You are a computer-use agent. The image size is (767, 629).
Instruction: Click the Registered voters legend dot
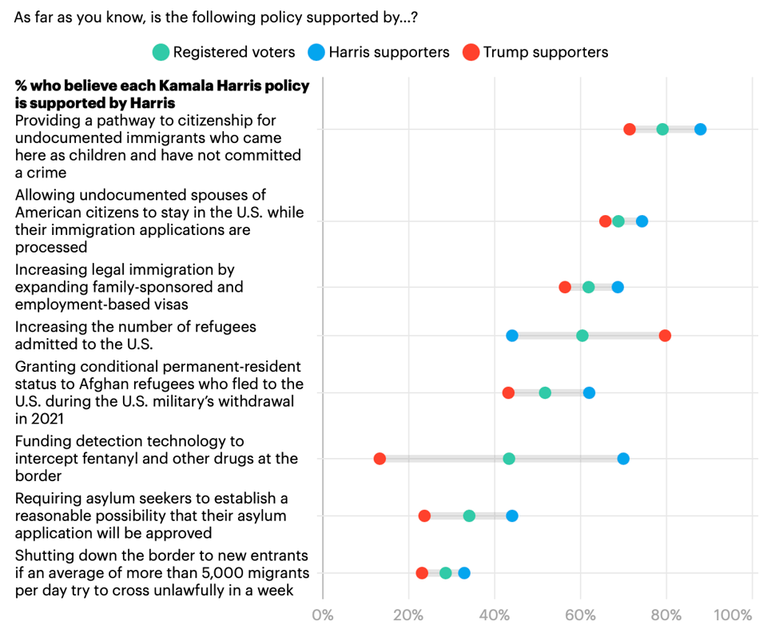point(161,53)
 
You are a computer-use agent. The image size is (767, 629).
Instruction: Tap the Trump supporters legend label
point(546,53)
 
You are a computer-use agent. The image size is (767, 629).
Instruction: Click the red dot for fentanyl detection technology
point(380,459)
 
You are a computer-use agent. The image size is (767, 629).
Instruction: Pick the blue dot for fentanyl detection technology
point(623,459)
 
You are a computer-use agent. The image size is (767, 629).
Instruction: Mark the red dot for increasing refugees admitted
point(665,336)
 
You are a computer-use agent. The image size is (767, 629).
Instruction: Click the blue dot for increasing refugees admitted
point(512,336)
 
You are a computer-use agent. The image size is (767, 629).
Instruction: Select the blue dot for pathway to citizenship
point(701,129)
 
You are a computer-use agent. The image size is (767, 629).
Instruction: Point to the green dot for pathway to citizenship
point(662,129)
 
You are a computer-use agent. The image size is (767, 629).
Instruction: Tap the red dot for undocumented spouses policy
point(606,221)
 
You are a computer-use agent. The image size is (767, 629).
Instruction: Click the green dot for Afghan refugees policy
point(545,392)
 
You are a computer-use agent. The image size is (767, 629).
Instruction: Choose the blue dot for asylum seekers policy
point(512,516)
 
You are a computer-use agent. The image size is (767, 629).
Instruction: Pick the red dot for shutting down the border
point(422,573)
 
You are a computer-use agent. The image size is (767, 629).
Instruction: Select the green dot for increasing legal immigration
point(589,287)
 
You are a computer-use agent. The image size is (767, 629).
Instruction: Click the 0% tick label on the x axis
point(323,615)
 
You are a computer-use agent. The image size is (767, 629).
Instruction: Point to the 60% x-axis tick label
point(580,615)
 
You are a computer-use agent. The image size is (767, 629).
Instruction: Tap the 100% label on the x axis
point(733,615)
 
